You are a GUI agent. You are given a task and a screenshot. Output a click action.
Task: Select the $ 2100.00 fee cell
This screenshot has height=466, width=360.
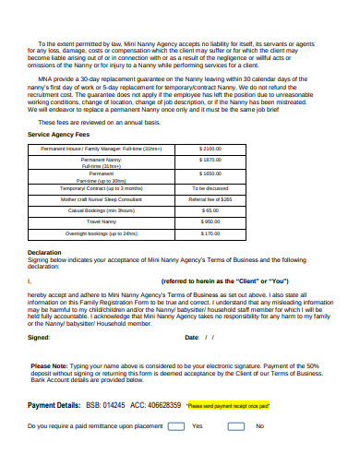210,148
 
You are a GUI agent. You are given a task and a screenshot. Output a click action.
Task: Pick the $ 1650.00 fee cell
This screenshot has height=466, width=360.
210,173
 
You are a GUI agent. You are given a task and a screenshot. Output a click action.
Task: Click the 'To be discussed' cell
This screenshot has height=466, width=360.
210,186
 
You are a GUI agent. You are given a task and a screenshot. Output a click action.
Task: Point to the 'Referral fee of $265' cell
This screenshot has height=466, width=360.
210,198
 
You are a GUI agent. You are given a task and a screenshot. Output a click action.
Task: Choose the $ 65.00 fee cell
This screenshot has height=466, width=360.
210,210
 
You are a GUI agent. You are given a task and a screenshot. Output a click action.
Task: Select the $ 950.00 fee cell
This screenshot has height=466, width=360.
210,221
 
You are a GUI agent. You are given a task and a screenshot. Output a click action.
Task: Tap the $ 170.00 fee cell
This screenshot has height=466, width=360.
210,233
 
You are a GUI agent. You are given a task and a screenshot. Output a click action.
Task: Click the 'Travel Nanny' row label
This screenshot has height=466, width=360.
102,221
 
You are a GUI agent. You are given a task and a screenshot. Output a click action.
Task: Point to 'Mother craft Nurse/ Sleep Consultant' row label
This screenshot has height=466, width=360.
102,198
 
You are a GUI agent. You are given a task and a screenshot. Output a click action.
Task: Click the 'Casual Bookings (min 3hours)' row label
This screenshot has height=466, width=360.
102,210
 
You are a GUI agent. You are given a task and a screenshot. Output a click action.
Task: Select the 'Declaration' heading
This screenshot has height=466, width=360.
44,252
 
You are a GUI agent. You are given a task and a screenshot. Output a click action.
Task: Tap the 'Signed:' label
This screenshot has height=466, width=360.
39,338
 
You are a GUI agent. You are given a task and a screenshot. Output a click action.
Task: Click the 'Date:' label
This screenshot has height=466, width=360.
192,338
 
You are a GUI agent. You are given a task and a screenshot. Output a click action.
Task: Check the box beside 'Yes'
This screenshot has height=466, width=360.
174,426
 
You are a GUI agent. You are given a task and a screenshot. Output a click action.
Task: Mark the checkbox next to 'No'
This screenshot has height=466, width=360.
237,426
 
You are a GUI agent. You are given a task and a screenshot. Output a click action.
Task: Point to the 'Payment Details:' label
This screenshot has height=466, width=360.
54,405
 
